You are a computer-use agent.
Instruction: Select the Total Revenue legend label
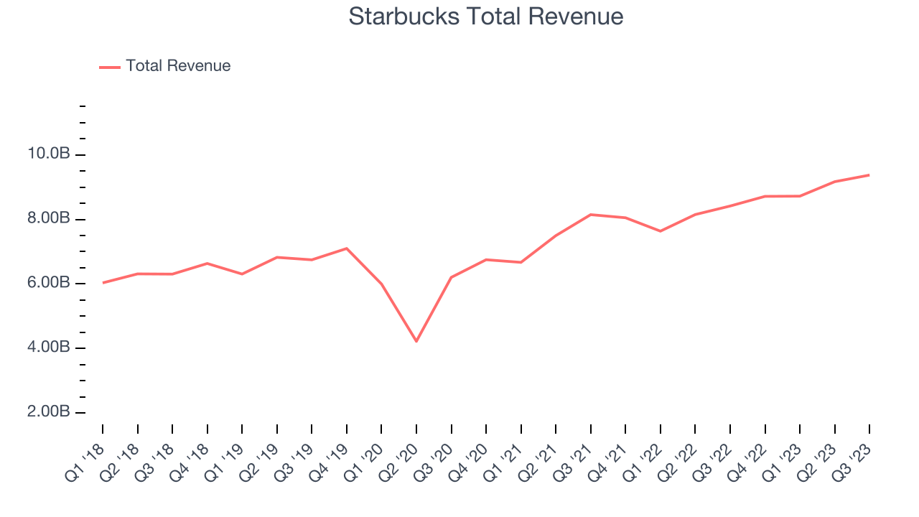[178, 66]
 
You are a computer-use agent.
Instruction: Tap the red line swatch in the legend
[110, 67]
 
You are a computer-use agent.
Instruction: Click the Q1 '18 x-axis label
[85, 460]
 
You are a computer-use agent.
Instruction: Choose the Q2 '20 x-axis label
[399, 460]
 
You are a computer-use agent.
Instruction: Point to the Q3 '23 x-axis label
[852, 460]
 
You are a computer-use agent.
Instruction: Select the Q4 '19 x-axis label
[330, 460]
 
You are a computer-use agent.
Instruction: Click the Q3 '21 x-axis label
[574, 460]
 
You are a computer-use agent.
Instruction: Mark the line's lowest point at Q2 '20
[416, 341]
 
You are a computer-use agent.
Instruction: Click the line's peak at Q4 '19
[347, 248]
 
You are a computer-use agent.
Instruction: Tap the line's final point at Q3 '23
[869, 174]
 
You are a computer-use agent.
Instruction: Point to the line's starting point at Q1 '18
[103, 283]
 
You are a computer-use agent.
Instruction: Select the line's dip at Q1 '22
[661, 231]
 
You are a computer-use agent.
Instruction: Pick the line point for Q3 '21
[591, 215]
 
